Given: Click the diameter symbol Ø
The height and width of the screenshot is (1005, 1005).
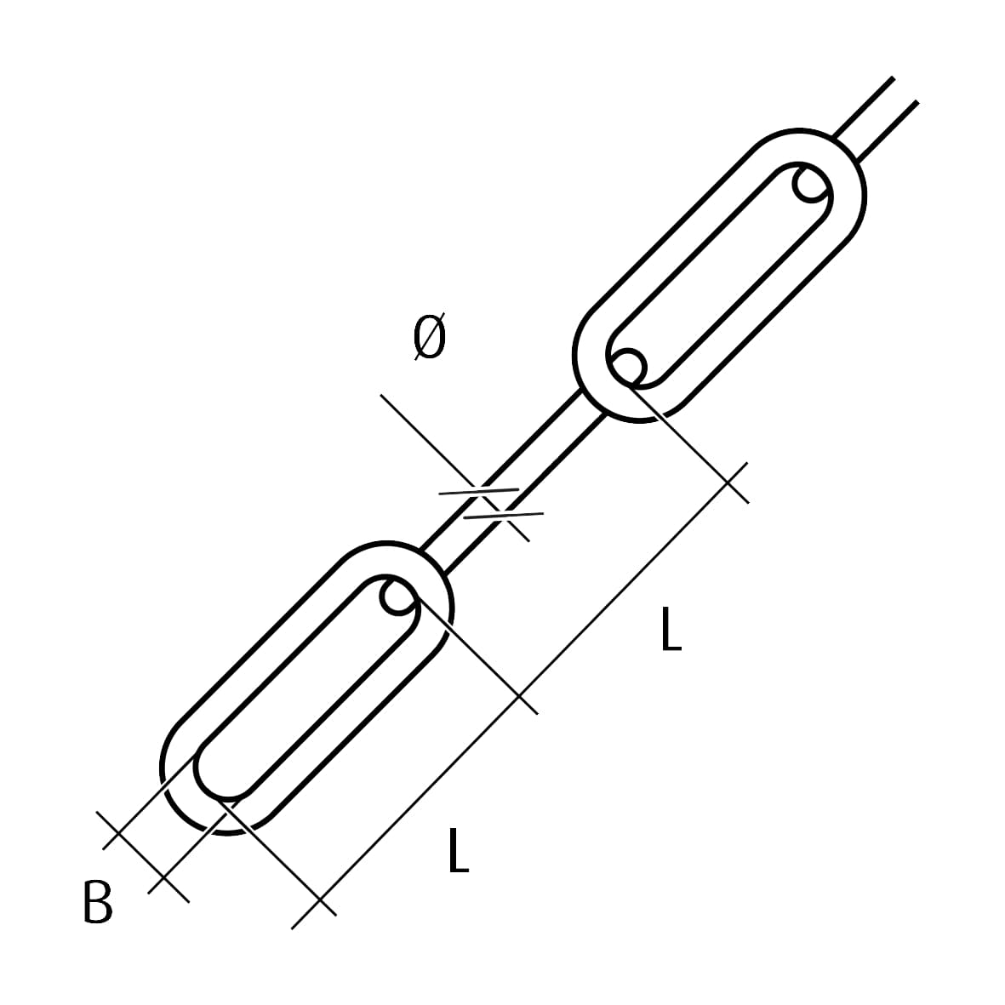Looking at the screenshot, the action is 430,336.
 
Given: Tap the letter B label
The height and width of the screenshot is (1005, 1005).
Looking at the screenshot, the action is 97,902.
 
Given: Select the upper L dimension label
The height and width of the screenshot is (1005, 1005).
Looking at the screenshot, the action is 671,629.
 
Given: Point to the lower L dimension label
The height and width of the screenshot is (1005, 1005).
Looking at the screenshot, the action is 459,850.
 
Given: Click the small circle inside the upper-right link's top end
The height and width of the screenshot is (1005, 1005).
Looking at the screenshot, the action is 812,184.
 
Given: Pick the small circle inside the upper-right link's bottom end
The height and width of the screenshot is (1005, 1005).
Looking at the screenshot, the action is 627,368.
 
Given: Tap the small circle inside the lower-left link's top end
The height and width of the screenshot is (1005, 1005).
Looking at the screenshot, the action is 399,597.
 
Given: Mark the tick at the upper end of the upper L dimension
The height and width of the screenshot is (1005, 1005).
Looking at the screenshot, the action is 728,483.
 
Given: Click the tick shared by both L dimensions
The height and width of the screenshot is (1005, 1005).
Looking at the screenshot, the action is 518,695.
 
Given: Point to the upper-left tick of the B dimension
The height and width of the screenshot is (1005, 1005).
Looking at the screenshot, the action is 118,833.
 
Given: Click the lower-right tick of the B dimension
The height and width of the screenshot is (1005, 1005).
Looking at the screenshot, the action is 165,879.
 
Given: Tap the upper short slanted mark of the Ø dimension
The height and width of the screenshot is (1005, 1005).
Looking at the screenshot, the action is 479,492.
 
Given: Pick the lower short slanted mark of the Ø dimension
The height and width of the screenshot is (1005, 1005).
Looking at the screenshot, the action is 503,515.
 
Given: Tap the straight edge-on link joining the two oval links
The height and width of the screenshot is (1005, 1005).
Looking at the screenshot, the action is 513,481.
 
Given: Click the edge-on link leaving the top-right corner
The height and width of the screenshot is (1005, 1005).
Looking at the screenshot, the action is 876,119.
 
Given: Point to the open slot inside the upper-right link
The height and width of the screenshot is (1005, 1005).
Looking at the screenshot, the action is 720,276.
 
